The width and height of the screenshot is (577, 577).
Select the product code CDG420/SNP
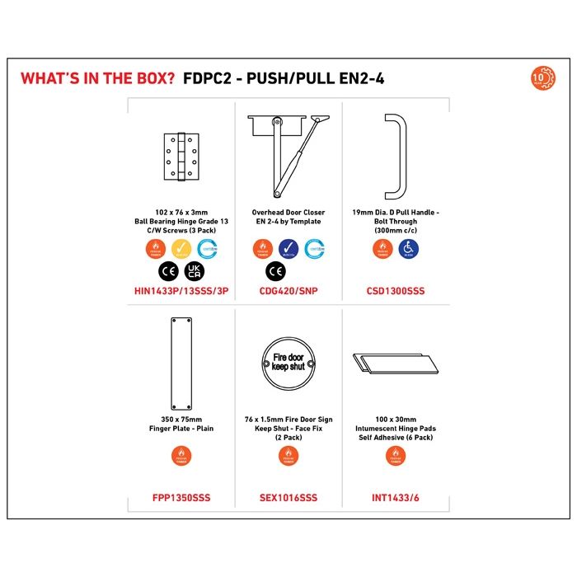[x=288, y=291]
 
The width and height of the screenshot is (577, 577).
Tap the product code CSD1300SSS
[x=396, y=291]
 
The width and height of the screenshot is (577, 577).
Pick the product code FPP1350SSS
[x=181, y=498]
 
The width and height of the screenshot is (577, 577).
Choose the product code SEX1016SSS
[x=288, y=498]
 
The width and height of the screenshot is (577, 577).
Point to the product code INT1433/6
[x=396, y=498]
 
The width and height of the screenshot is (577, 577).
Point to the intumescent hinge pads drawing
[x=395, y=364]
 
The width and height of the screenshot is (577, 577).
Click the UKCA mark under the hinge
[x=195, y=270]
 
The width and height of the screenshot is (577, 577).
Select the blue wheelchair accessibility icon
[x=408, y=247]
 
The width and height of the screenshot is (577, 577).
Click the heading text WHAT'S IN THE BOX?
[x=96, y=79]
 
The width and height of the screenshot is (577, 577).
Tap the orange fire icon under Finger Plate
[x=181, y=454]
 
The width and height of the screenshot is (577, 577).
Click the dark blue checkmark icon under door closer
[x=288, y=247]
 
